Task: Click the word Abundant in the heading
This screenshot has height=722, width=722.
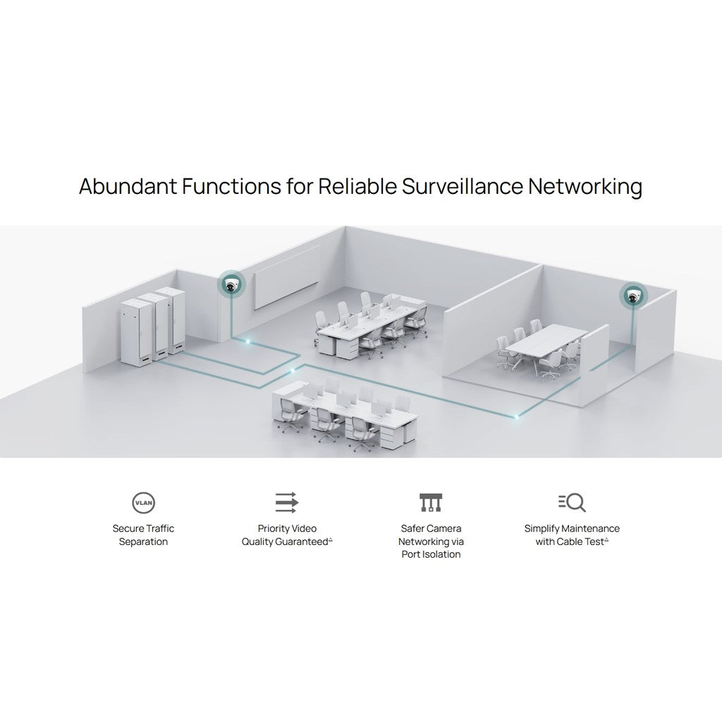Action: point(128,186)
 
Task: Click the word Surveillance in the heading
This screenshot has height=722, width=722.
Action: point(463,186)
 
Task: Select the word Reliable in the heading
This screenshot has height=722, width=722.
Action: point(357,186)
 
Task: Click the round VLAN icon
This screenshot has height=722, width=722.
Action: point(143,502)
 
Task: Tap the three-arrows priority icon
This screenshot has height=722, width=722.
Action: point(287,502)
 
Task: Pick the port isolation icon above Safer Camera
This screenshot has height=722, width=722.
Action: point(431,502)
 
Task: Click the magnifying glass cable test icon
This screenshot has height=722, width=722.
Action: point(572,502)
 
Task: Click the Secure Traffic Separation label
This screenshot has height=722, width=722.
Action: point(143,535)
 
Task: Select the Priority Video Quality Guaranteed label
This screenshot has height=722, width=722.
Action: point(287,535)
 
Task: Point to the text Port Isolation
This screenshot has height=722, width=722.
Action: point(431,554)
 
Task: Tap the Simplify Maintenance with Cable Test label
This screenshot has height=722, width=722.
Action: point(572,535)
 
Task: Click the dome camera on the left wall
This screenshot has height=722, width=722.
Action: point(231,284)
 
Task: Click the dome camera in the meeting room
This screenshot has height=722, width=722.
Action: point(633,295)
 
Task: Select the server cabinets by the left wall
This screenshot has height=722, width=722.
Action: point(153,324)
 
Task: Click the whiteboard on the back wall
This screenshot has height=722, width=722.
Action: point(286,278)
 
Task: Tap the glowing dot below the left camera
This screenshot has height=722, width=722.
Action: point(247,342)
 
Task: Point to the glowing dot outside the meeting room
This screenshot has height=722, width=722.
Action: point(517,417)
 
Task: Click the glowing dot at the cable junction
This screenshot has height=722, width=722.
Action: point(292,370)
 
